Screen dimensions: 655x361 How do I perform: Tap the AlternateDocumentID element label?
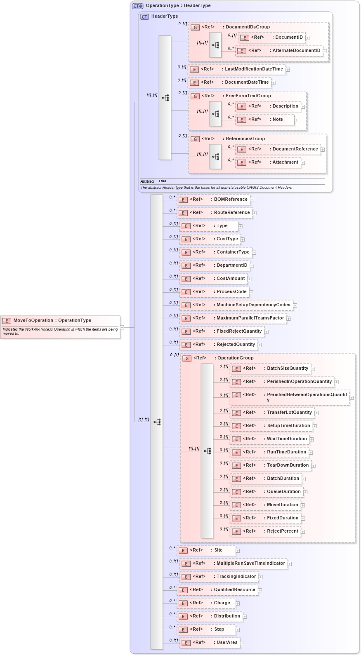tap(296, 51)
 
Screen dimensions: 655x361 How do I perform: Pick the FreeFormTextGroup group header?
tap(248, 96)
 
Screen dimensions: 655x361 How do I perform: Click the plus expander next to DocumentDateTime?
tap(274, 83)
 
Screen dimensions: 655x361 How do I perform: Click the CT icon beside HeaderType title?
tap(144, 17)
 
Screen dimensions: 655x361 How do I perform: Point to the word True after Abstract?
tap(162, 181)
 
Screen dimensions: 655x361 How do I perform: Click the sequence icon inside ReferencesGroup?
tap(215, 157)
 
